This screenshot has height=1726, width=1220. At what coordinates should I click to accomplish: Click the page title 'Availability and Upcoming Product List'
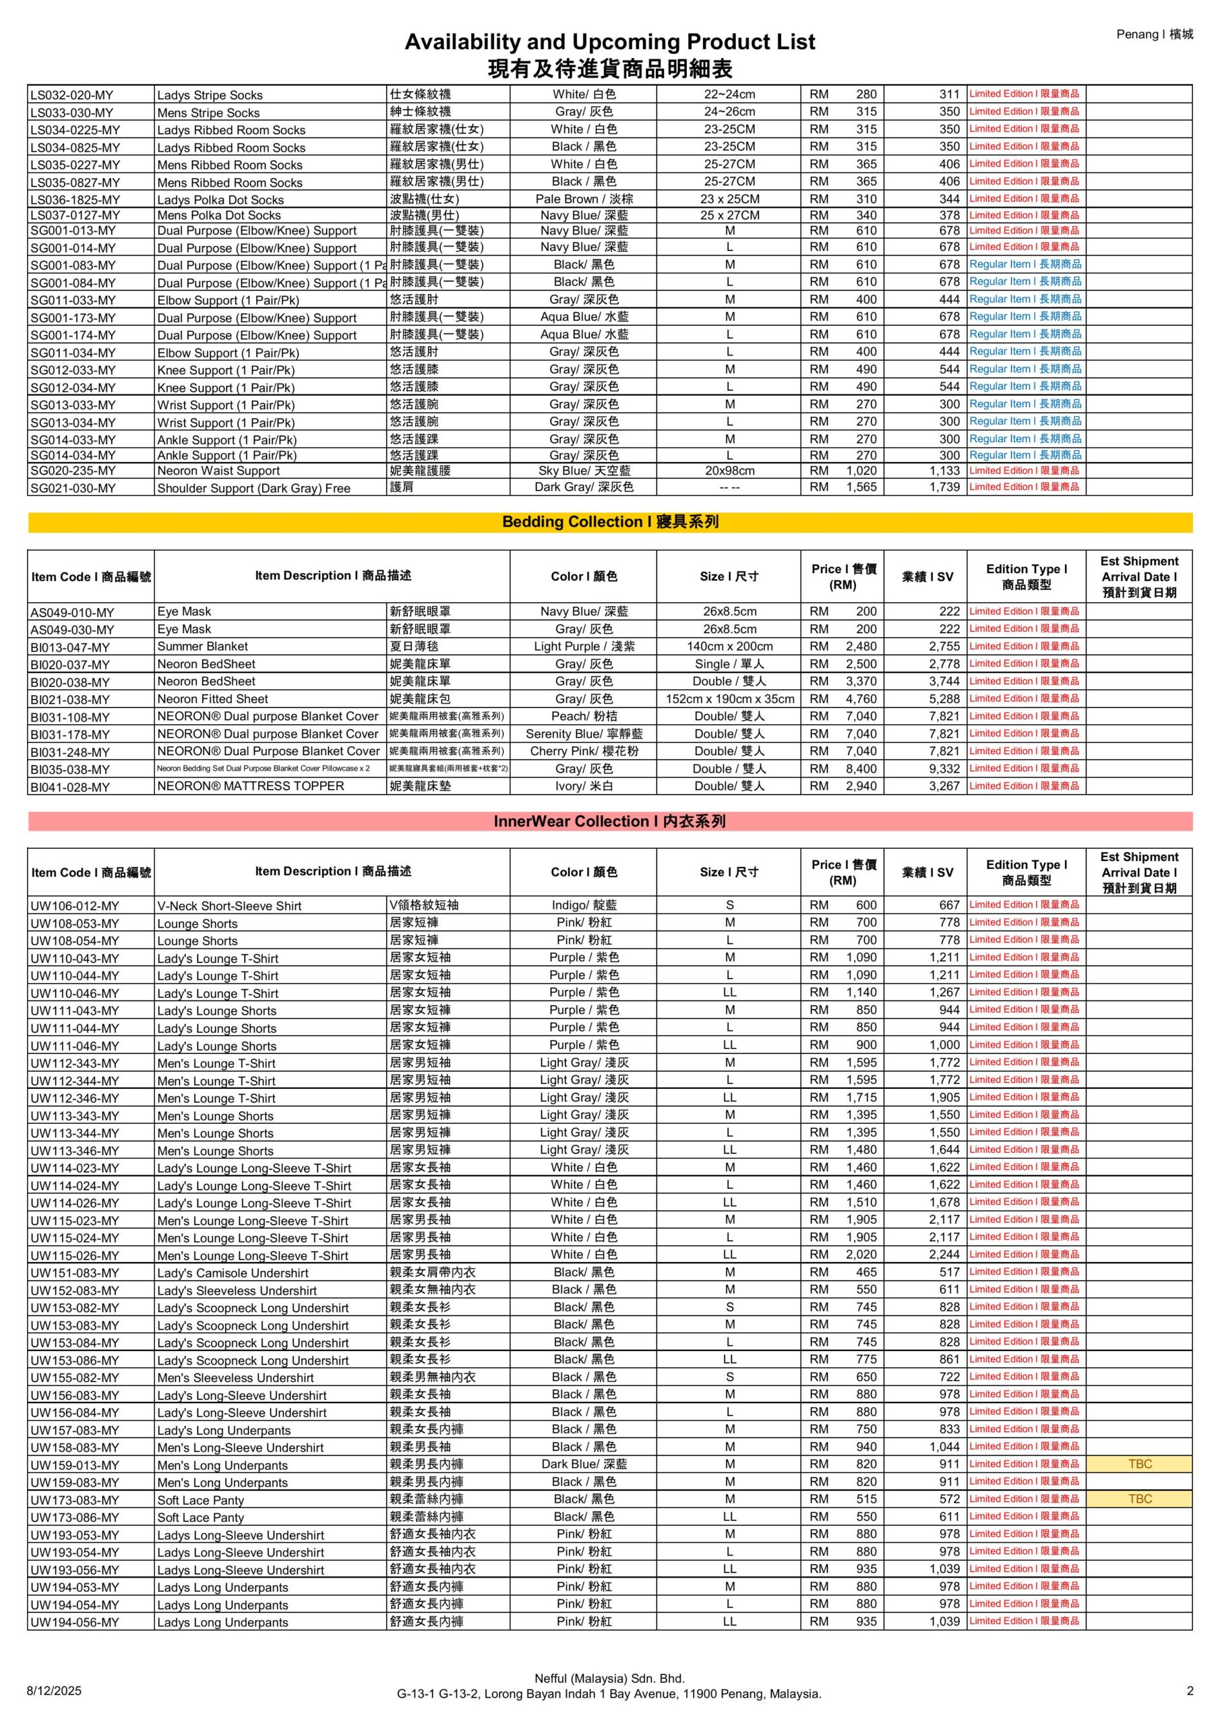point(609,41)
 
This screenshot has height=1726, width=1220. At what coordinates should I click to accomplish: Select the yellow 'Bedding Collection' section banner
point(609,522)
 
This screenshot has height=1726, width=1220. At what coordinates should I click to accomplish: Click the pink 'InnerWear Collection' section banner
point(609,821)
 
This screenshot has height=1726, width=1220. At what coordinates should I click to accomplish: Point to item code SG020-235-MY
point(73,471)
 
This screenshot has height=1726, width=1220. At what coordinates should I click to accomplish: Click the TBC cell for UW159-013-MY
point(1139,1464)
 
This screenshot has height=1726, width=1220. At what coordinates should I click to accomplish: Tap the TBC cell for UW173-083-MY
point(1139,1498)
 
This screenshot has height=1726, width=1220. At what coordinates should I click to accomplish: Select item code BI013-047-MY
point(70,647)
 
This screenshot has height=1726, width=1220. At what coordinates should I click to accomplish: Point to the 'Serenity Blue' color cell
point(583,734)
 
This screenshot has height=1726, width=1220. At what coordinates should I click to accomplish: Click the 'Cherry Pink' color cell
point(583,751)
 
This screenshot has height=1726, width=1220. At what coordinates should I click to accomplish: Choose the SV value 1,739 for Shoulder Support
point(944,487)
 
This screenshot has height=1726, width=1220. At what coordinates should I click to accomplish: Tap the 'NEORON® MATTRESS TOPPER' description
point(250,786)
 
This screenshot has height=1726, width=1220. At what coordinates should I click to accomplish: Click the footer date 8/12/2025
point(54,1691)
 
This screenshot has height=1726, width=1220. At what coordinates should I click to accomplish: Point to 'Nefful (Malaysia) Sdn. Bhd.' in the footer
point(609,1678)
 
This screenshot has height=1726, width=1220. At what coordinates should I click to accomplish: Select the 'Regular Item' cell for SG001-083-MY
point(1025,264)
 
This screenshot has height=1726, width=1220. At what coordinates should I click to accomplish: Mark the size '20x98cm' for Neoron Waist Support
point(729,471)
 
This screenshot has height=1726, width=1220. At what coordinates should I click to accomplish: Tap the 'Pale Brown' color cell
point(583,199)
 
